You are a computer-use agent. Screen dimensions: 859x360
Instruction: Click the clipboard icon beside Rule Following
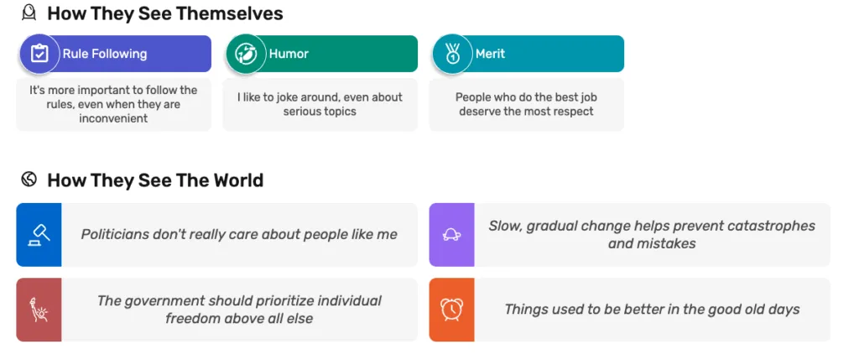39,54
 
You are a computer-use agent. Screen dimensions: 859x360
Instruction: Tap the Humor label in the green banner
289,54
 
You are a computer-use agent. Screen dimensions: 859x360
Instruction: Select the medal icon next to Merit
452,54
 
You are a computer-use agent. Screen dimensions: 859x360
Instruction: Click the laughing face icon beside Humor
246,54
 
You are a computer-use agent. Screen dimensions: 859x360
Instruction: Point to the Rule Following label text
105,54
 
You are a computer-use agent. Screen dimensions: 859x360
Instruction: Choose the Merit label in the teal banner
490,54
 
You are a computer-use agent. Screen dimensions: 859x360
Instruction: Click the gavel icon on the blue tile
39,234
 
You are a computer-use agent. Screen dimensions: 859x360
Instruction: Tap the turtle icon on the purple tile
452,235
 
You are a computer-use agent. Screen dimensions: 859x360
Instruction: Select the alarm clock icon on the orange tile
452,310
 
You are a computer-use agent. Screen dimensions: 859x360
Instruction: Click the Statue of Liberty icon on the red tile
39,310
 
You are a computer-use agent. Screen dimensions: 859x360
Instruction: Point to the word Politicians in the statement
115,234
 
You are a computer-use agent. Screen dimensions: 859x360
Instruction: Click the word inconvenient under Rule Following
113,118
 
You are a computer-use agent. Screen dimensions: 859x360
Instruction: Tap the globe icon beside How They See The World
29,179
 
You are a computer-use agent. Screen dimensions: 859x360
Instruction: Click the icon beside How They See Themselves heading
29,12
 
